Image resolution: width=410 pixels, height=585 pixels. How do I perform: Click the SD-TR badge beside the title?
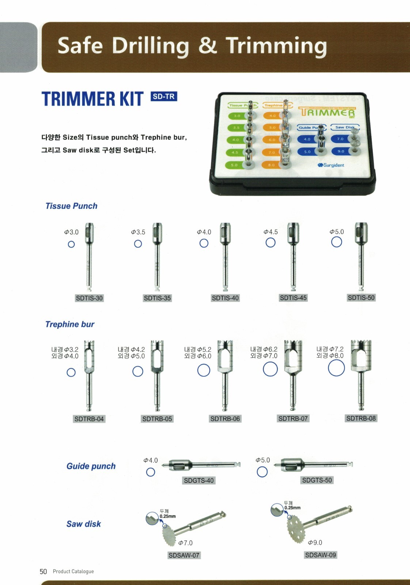(164, 97)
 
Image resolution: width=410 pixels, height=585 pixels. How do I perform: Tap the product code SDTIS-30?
(89, 298)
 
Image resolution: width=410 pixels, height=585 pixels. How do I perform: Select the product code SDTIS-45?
(293, 298)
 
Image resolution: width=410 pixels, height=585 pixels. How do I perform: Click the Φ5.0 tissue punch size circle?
(337, 242)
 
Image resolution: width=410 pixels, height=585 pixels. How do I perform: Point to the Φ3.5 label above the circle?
(138, 232)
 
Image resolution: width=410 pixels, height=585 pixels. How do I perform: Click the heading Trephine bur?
(70, 324)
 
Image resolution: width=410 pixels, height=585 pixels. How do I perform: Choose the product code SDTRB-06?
(225, 419)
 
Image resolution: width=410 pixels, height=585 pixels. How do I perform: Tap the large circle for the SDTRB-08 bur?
(336, 368)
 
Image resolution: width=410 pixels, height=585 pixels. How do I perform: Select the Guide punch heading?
(91, 466)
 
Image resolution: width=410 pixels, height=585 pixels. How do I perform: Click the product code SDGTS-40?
(199, 480)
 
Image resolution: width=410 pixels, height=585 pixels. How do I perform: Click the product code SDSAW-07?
(184, 555)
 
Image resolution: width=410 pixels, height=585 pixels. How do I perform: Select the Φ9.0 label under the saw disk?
(315, 543)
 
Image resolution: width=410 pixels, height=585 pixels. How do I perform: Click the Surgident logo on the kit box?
(331, 165)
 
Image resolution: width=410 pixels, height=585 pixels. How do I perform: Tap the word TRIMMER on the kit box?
(327, 113)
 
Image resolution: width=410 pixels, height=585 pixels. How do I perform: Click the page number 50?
(43, 571)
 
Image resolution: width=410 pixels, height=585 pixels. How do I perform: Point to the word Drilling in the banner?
(150, 46)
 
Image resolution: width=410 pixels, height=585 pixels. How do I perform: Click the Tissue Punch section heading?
(71, 206)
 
